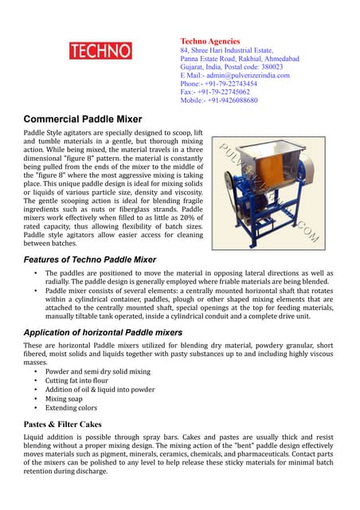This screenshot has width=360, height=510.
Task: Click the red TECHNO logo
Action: tap(101, 52)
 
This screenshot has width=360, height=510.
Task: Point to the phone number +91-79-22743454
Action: tap(231, 84)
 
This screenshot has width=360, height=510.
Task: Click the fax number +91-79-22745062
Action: tap(226, 92)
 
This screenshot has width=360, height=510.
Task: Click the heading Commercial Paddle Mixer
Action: tap(83, 119)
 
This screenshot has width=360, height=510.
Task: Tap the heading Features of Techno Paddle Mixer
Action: tap(90, 260)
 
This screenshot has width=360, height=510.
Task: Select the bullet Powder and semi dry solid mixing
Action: tap(97, 371)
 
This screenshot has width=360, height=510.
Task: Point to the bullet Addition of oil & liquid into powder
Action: tap(100, 390)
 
